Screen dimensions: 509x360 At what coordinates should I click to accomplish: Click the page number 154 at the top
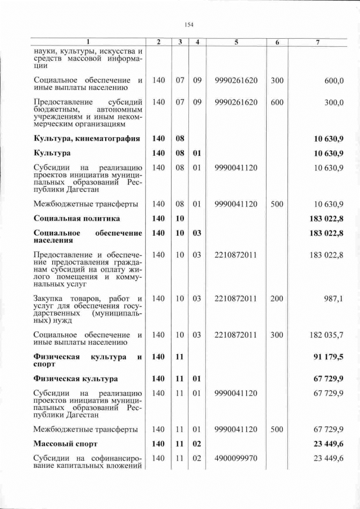[x=188, y=25]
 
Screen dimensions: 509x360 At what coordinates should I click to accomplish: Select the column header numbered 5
[x=236, y=43]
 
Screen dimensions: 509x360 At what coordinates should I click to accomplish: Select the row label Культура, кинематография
[x=86, y=138]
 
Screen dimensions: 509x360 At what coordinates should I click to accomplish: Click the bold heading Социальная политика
[x=76, y=218]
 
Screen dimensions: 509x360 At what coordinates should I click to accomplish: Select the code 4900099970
[x=236, y=458]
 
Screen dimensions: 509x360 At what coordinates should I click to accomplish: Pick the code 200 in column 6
[x=277, y=299]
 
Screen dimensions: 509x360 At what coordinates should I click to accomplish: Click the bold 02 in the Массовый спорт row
[x=197, y=444]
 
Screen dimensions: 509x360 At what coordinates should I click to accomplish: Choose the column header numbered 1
[x=87, y=43]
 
